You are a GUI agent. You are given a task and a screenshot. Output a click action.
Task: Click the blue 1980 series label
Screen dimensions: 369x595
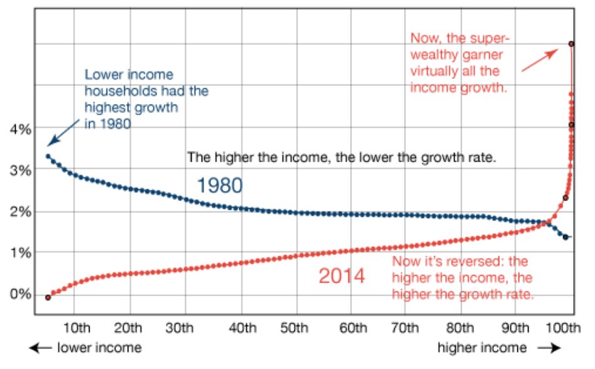click(x=219, y=185)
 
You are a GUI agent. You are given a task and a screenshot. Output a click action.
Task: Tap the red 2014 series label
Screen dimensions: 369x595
click(x=341, y=276)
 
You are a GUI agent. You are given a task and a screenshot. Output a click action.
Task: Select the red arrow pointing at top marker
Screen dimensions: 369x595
click(x=539, y=61)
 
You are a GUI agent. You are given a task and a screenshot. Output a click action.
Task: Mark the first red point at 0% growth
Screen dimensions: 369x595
click(x=48, y=297)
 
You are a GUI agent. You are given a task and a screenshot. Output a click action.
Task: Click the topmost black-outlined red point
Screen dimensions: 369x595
click(x=571, y=44)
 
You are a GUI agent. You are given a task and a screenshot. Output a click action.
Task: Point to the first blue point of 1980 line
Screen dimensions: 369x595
click(x=48, y=156)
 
